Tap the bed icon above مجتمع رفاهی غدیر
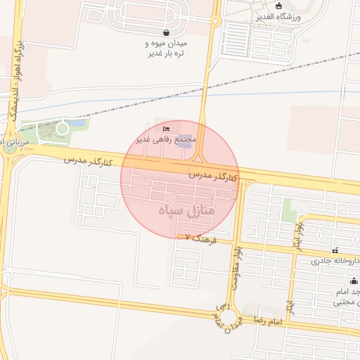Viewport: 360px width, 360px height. click(x=166, y=129)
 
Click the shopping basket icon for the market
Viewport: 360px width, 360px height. click(x=165, y=32)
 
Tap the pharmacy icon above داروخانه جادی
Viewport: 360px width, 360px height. click(x=335, y=250)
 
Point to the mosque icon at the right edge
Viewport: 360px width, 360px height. click(x=353, y=281)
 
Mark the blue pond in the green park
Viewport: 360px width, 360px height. click(x=79, y=124)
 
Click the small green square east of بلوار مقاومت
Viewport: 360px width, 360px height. click(x=288, y=209)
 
